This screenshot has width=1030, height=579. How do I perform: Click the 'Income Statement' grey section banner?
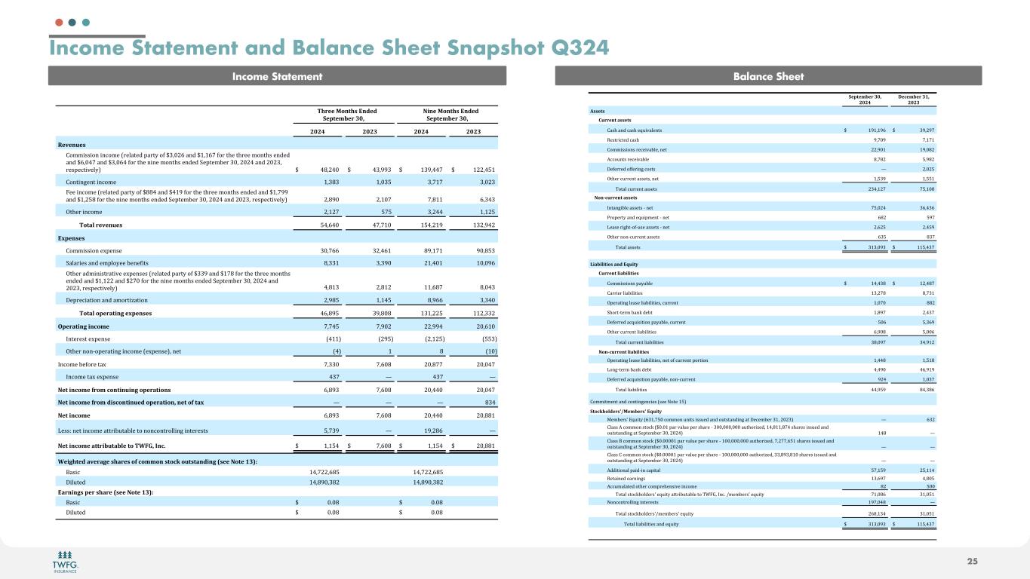pos(276,76)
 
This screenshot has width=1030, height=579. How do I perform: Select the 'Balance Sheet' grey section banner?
pos(767,76)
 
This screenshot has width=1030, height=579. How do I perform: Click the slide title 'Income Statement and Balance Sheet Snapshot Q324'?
pos(329,48)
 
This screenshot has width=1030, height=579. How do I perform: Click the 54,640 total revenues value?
pos(326,225)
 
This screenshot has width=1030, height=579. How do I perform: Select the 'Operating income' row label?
pos(83,326)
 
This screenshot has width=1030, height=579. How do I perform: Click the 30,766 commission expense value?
pos(326,250)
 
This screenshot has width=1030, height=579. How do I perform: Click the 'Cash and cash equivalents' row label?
pos(634,130)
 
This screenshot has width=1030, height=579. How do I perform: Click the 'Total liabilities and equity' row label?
pos(650,524)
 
